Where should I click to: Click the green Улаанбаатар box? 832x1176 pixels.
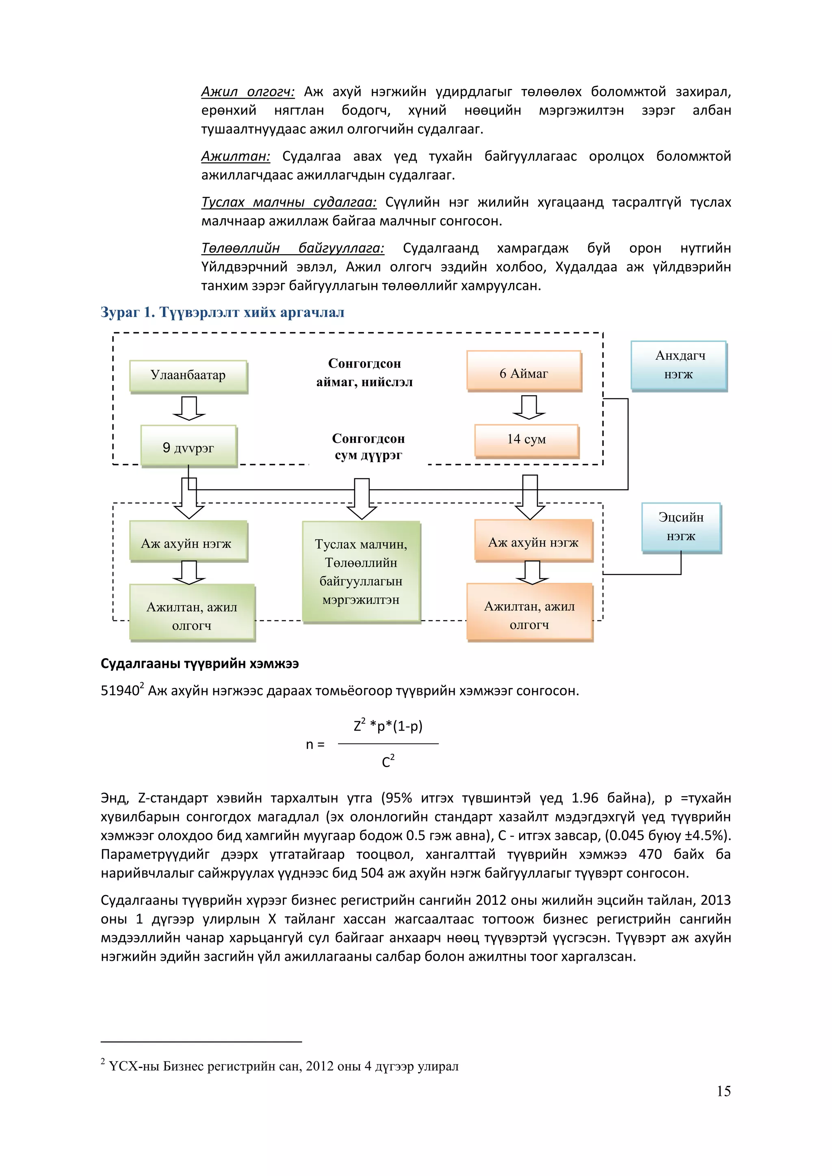pyautogui.click(x=188, y=376)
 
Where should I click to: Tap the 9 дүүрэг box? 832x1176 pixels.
pyautogui.click(x=188, y=447)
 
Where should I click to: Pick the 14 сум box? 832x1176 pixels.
pyautogui.click(x=526, y=439)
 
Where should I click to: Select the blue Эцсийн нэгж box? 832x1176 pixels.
pyautogui.click(x=681, y=527)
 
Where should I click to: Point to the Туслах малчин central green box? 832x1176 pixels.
pyautogui.click(x=361, y=571)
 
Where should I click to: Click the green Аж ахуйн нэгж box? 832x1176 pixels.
pyautogui.click(x=188, y=542)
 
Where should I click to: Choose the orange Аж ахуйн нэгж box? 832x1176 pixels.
pyautogui.click(x=533, y=541)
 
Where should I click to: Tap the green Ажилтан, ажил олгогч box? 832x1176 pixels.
pyautogui.click(x=192, y=613)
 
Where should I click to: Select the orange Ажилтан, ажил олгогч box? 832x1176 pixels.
pyautogui.click(x=529, y=613)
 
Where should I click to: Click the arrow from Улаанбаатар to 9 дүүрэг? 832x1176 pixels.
pyautogui.click(x=189, y=408)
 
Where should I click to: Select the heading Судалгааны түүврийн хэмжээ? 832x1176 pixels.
pyautogui.click(x=200, y=664)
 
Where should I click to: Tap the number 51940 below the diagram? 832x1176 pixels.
pyautogui.click(x=120, y=691)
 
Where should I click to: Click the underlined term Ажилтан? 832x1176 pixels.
pyautogui.click(x=236, y=156)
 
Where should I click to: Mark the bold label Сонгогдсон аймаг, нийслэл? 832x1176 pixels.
pyautogui.click(x=364, y=372)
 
